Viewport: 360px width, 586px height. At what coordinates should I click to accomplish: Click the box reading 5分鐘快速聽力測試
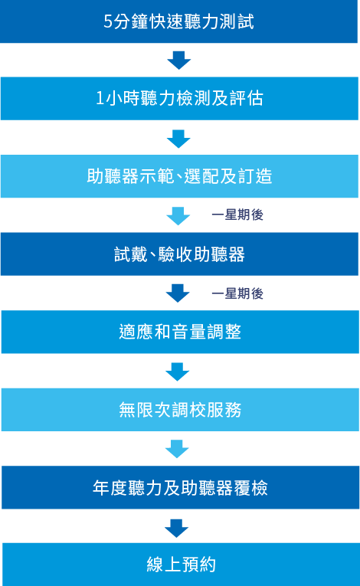click(178, 21)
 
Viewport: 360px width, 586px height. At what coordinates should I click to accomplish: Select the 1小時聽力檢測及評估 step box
click(179, 99)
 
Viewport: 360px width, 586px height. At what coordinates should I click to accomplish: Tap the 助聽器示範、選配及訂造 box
click(179, 176)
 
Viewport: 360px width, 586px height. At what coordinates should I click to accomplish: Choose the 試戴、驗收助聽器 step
click(179, 254)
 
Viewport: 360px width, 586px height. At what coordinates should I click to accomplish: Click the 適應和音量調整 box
click(180, 332)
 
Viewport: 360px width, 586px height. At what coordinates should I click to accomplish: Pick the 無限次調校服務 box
click(180, 410)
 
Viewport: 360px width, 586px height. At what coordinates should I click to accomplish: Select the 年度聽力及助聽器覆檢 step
click(180, 487)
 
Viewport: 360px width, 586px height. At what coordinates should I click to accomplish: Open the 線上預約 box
click(181, 565)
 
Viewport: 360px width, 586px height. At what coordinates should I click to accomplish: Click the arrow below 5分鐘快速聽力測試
click(179, 61)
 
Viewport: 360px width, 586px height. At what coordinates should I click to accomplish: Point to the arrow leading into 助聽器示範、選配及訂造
click(178, 139)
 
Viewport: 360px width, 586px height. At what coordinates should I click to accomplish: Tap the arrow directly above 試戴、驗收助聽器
click(178, 216)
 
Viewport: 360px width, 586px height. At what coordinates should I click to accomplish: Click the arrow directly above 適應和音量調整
click(178, 293)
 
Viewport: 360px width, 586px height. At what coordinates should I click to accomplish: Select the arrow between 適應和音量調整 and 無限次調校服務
click(178, 372)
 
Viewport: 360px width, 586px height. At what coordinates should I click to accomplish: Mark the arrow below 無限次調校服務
click(177, 449)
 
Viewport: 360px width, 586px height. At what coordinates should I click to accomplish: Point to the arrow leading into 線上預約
click(177, 528)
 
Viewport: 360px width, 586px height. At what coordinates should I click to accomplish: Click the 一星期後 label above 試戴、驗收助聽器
click(237, 215)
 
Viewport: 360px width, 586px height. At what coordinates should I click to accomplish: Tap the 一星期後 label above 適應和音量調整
click(237, 293)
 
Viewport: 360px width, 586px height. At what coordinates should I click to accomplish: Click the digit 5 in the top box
click(108, 21)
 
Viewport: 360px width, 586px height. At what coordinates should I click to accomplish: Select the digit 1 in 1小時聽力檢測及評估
click(100, 98)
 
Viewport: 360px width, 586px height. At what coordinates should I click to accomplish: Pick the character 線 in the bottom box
click(155, 565)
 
